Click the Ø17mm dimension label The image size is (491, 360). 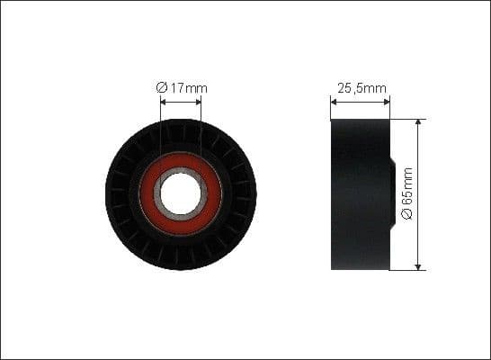click(x=181, y=87)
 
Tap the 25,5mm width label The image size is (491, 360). click(x=361, y=87)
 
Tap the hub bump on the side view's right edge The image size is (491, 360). click(x=392, y=193)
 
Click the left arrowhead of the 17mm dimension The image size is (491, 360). click(x=163, y=102)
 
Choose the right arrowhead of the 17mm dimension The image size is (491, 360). click(x=199, y=102)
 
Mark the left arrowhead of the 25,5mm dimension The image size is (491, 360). click(x=334, y=102)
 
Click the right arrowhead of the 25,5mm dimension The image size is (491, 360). click(x=388, y=102)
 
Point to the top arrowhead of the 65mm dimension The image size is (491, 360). click(x=418, y=121)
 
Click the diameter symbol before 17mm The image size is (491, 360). click(x=160, y=87)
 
